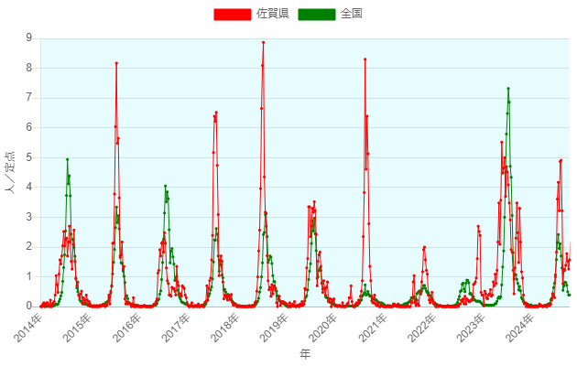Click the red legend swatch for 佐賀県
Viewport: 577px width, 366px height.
[x=232, y=14]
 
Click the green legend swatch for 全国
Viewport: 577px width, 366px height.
[x=318, y=14]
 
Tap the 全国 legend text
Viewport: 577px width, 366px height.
[x=352, y=14]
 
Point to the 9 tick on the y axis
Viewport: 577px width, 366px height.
[x=29, y=38]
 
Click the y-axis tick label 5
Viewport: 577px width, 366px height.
[x=29, y=157]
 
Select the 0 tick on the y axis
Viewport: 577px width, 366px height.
[x=29, y=307]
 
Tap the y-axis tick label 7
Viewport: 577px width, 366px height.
[x=29, y=98]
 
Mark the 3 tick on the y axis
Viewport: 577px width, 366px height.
[x=29, y=217]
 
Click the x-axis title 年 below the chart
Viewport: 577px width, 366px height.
[x=305, y=353]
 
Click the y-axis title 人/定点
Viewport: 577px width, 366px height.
[x=10, y=172]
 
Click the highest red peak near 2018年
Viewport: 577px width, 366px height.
[x=263, y=42]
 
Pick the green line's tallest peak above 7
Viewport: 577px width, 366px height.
[x=508, y=89]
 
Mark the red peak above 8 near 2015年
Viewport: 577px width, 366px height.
[x=116, y=63]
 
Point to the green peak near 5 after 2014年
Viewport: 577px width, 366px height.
[x=68, y=159]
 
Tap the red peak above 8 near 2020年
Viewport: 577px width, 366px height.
[x=365, y=59]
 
